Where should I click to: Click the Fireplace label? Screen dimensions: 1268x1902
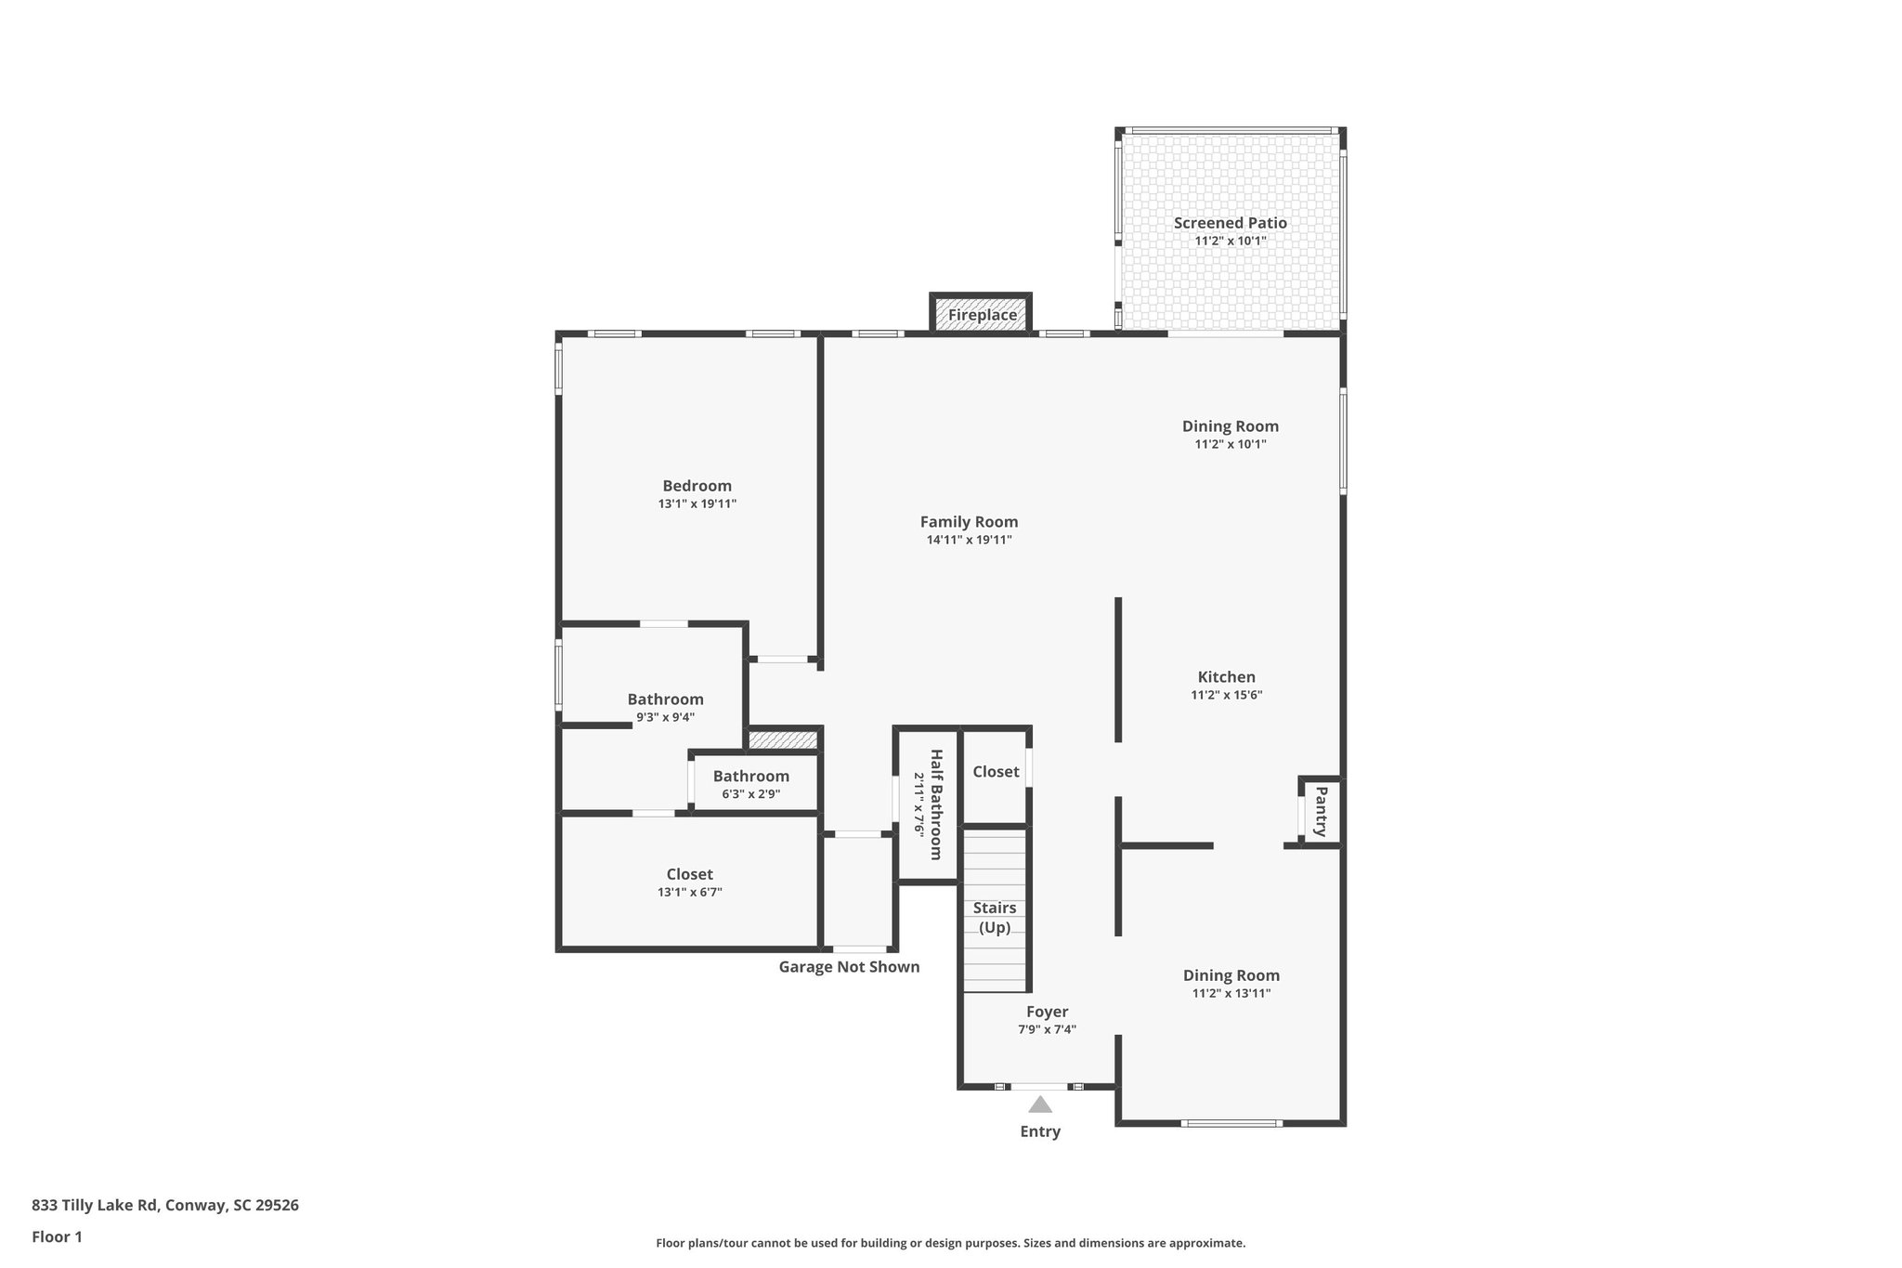982,315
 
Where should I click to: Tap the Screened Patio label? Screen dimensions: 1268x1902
1230,223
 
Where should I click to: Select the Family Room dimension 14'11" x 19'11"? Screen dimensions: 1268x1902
969,540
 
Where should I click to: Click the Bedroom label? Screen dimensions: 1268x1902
697,486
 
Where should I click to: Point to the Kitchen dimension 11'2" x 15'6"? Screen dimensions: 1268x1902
1226,695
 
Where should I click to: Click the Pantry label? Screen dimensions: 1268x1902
1321,811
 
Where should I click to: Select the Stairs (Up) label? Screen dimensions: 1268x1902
995,917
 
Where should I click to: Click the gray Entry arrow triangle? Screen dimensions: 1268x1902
1040,1105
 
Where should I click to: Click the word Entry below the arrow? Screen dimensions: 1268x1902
1040,1131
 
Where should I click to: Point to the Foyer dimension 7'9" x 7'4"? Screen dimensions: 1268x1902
1047,1029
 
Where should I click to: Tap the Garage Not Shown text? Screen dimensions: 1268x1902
849,967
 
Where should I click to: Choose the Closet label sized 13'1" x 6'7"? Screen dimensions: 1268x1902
689,874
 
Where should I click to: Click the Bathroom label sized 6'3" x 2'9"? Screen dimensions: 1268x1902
751,777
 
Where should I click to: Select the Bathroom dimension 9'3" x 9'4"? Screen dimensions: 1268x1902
665,717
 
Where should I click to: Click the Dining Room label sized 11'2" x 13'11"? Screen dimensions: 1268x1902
1231,975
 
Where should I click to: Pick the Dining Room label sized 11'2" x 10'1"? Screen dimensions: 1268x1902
1230,426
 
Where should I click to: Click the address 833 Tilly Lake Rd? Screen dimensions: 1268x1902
165,1205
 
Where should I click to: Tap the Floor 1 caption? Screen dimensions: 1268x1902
57,1236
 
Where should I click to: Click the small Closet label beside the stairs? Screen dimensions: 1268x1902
996,772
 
